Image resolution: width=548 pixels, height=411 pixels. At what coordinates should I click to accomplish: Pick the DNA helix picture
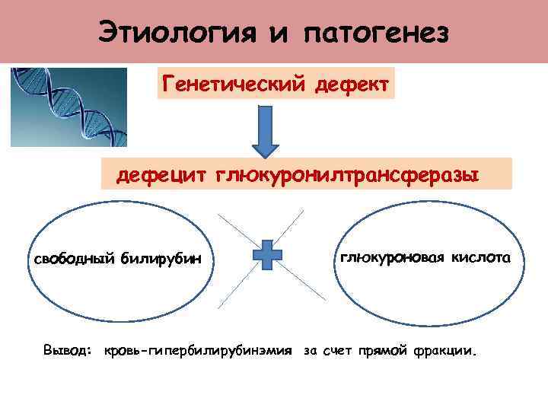pos(68,107)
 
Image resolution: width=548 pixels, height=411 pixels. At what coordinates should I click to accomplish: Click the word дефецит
pos(161,176)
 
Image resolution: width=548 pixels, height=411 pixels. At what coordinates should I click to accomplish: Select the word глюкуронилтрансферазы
pos(347,176)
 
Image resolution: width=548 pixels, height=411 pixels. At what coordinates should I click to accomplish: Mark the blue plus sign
pos(267,256)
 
